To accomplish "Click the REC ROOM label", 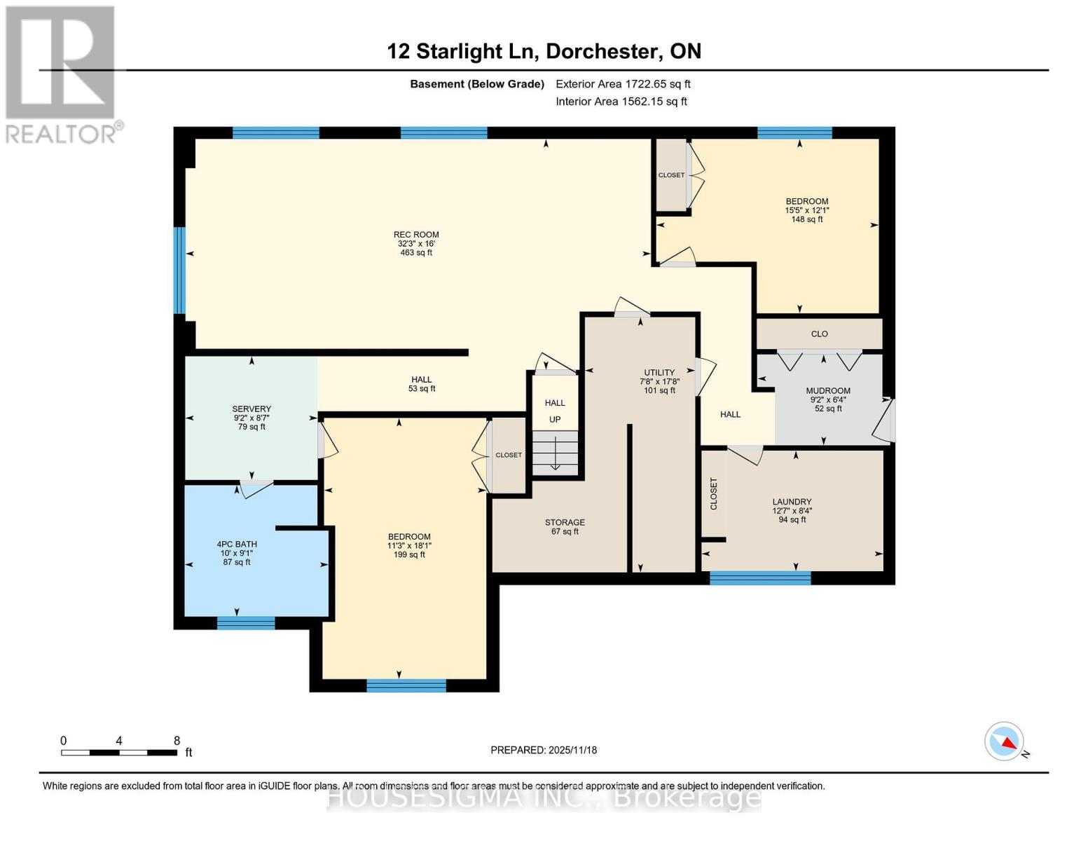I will point(416,235).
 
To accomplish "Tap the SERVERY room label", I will point(252,409).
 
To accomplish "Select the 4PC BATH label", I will point(237,545).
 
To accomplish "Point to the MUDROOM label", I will point(828,391).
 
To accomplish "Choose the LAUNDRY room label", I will point(792,502).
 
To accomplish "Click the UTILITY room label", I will point(659,373).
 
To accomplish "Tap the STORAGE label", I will point(565,523).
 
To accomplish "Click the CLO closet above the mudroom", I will point(819,334).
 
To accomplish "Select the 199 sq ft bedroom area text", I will point(409,555).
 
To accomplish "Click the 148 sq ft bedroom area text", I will point(807,219).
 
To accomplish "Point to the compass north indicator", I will point(1005,741).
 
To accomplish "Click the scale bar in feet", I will point(119,753).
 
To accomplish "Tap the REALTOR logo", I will point(62,74).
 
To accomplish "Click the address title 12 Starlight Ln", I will point(544,51).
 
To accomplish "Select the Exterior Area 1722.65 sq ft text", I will point(623,84).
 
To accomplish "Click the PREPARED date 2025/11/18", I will point(544,750).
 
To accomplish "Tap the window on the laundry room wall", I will point(760,578).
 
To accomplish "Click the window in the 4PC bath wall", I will point(246,623).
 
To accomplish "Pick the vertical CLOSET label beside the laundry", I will point(714,493).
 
